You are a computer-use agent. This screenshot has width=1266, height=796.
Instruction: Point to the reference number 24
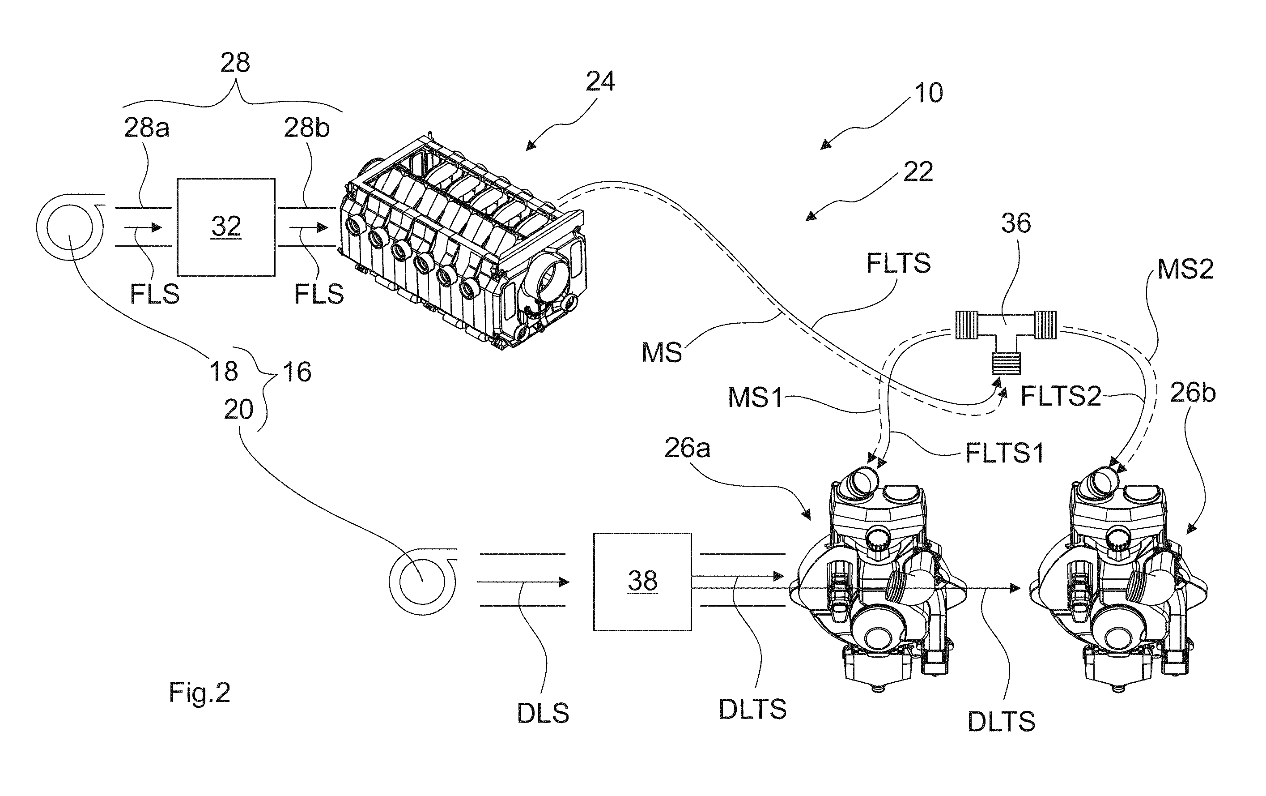(600, 81)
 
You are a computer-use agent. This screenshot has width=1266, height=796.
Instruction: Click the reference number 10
(928, 93)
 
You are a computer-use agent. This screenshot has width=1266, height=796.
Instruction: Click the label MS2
(1185, 270)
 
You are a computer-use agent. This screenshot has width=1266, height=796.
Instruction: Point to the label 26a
(687, 448)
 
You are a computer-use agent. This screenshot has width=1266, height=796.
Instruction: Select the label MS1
(756, 398)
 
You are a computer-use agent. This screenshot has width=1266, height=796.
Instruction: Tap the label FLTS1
(1005, 453)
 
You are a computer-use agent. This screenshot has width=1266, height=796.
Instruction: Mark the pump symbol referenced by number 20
(423, 582)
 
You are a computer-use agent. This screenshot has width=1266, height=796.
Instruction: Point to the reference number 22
(918, 171)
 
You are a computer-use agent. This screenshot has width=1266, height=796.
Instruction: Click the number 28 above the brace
(235, 63)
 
